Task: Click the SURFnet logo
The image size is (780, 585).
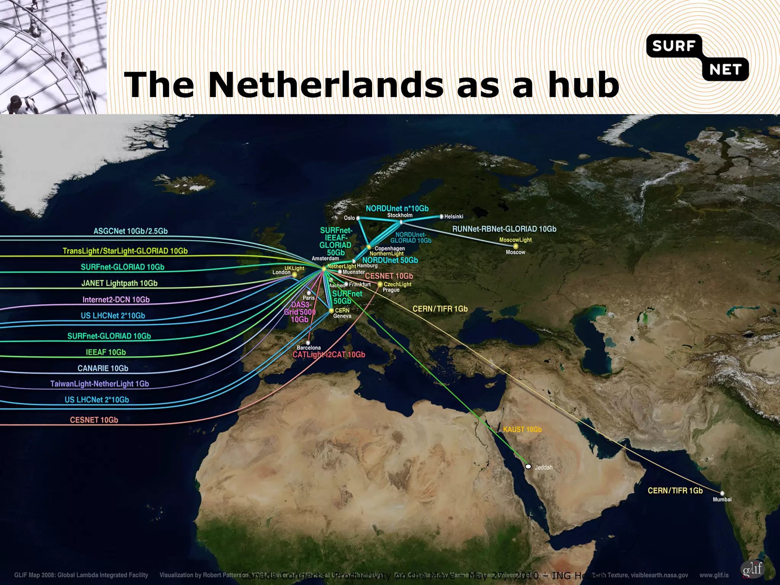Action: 697,57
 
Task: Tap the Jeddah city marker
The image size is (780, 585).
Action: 528,467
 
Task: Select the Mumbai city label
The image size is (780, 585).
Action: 722,499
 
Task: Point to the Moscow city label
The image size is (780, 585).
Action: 515,252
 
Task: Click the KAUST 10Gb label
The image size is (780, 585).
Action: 522,430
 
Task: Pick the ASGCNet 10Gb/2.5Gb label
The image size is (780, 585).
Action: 130,231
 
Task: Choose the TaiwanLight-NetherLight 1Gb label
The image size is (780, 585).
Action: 99,384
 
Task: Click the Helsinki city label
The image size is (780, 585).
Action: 454,217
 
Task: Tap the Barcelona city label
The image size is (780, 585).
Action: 308,348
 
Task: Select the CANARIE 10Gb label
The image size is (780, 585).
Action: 103,368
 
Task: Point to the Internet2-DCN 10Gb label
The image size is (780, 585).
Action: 116,300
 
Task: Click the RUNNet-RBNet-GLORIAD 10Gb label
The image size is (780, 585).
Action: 504,229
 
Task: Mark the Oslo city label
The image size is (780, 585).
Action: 349,218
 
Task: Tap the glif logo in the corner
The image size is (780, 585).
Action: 752,569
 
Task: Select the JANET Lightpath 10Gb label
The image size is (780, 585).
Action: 119,283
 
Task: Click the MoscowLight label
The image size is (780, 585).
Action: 515,240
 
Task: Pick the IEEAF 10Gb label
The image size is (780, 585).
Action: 105,352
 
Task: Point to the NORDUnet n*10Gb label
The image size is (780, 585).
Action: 397,208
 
